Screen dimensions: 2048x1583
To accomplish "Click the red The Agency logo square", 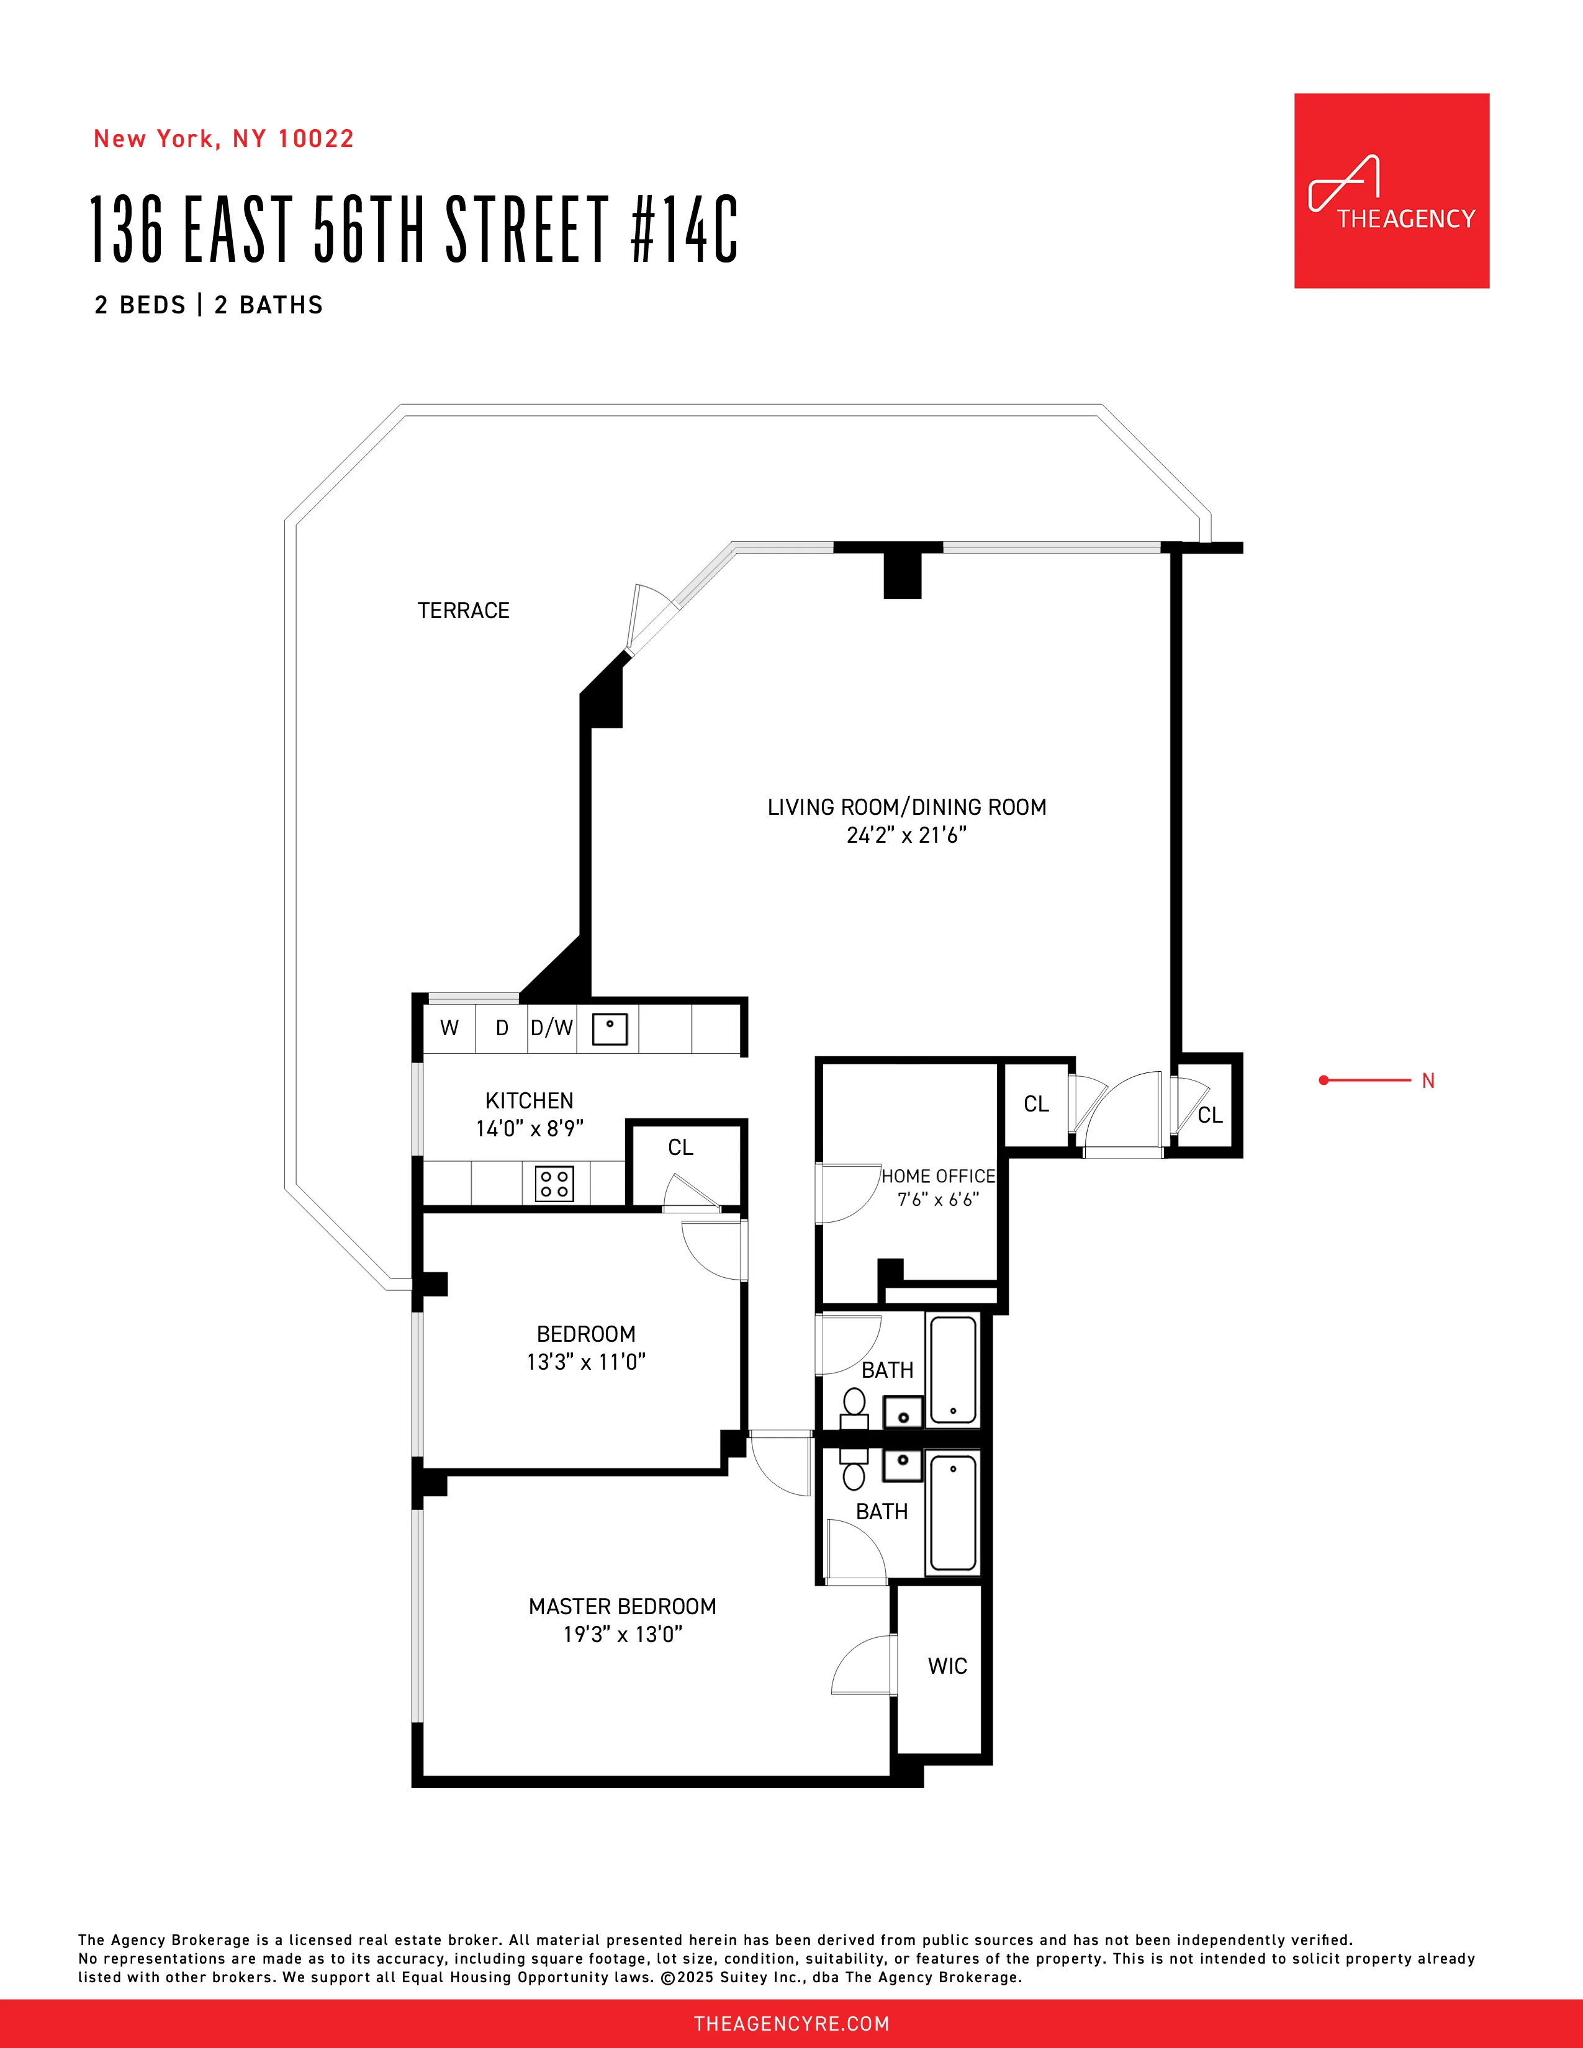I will click(x=1391, y=191).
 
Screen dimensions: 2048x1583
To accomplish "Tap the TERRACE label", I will click(x=463, y=611).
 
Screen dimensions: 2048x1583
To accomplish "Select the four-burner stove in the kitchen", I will click(x=554, y=1183).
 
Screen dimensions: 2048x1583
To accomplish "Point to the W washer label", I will click(x=449, y=1028).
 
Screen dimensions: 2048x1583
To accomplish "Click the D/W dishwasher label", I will click(x=551, y=1028).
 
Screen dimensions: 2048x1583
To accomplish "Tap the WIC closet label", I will click(x=947, y=1666).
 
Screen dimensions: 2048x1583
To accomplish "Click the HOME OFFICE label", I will click(x=938, y=1176).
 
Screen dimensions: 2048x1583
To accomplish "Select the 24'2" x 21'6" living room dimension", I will click(x=906, y=835).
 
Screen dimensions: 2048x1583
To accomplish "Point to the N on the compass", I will click(x=1428, y=1080).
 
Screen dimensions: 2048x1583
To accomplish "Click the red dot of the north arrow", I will click(x=1324, y=1080).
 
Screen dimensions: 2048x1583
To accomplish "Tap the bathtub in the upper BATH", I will click(x=954, y=1370).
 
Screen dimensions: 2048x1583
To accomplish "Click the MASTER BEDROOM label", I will click(x=622, y=1606).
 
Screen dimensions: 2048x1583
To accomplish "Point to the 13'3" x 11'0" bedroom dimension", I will click(x=586, y=1362).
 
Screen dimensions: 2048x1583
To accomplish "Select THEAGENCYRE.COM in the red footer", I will click(x=790, y=2024).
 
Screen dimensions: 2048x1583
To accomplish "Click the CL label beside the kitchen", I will click(x=681, y=1147).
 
